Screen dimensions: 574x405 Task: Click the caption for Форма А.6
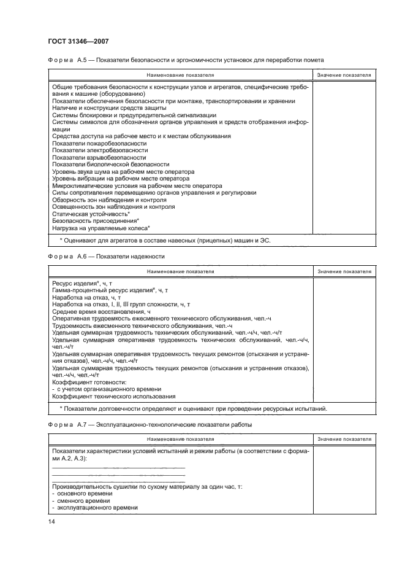106,256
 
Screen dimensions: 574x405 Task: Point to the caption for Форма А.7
149,424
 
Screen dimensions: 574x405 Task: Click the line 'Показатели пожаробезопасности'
94,143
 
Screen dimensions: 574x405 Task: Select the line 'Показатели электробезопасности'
99,150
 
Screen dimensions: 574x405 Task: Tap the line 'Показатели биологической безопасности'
110,164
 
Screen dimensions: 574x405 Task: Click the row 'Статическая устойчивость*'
95,214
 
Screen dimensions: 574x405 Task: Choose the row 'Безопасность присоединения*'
96,220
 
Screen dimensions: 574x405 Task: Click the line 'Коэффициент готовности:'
89,382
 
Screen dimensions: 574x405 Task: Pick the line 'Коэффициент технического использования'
113,396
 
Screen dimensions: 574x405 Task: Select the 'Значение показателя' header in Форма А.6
344,271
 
